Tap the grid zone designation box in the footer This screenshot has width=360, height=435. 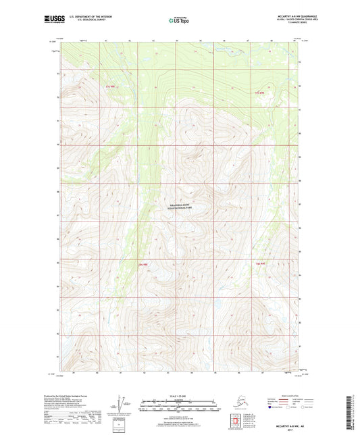coord(122,423)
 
